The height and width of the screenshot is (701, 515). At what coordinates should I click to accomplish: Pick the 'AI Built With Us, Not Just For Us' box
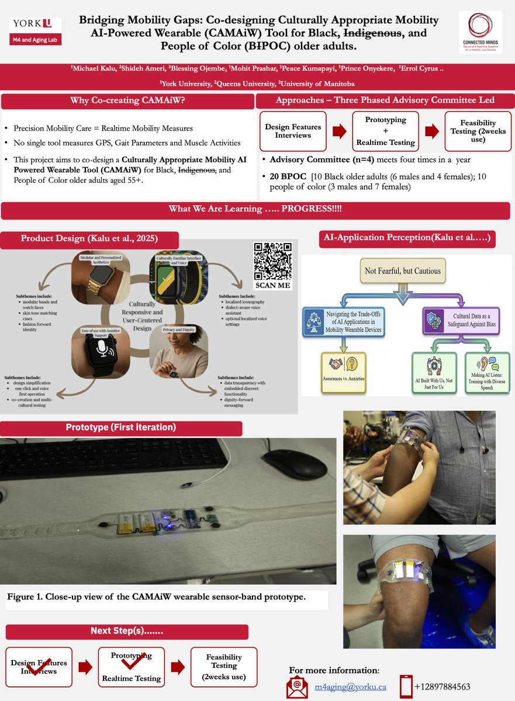pyautogui.click(x=434, y=373)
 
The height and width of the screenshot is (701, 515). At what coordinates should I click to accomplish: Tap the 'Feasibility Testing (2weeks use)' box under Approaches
pyautogui.click(x=478, y=131)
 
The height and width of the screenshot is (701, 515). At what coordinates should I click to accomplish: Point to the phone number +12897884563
pyautogui.click(x=443, y=687)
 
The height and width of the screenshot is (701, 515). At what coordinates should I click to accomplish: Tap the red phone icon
pyautogui.click(x=406, y=687)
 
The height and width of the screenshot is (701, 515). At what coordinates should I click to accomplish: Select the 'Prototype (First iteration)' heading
pyautogui.click(x=121, y=428)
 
